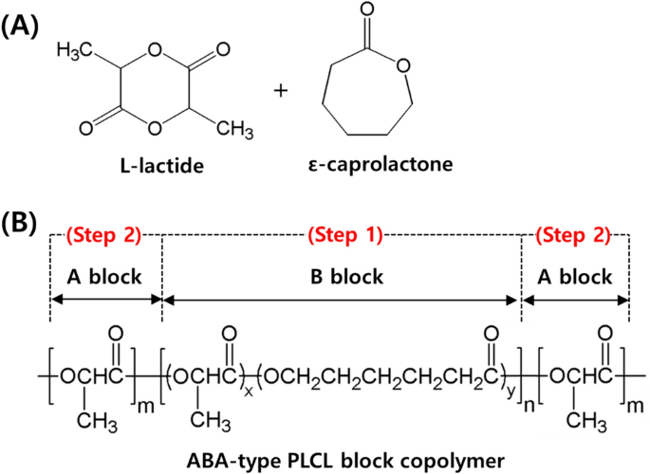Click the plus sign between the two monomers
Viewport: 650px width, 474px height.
(280, 91)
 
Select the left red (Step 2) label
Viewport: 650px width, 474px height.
(105, 234)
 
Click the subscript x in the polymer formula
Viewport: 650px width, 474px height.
(248, 391)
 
